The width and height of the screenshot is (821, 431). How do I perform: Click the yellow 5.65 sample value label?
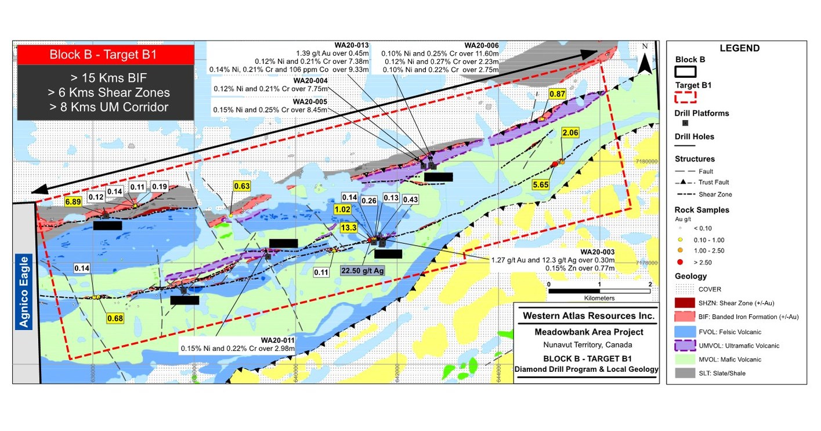pos(541,185)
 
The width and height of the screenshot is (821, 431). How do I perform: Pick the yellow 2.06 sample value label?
pos(570,134)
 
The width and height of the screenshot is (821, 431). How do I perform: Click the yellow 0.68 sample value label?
pos(115,318)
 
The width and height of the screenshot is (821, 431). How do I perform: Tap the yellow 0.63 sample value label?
pos(241,186)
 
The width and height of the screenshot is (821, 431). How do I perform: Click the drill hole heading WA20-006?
pos(481,45)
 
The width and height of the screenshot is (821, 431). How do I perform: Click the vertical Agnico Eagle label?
pos(24,291)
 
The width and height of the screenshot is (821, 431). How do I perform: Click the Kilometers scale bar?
pos(599,291)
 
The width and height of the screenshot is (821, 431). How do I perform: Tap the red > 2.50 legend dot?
pos(679,262)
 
